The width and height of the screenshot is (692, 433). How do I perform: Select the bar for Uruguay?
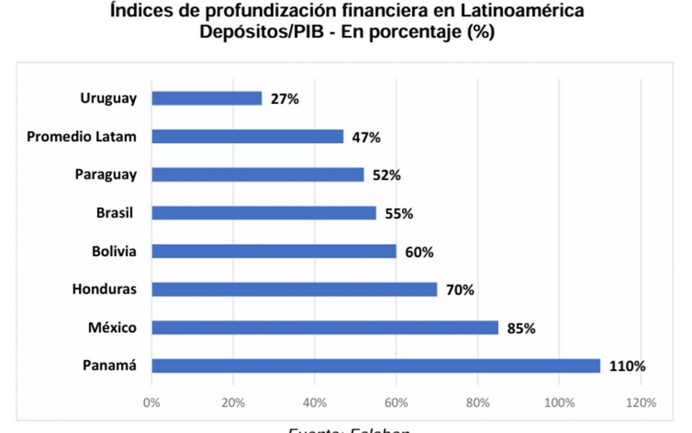206,98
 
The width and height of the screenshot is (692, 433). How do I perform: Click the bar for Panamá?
375,366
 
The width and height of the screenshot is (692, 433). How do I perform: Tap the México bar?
325,328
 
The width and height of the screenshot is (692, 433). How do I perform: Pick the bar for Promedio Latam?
247,137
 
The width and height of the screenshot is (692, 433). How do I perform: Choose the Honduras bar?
294,289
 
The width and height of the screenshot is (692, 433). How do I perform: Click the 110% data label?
627,367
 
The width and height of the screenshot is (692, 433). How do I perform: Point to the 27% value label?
284,99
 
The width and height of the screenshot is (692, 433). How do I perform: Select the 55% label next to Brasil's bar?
399,214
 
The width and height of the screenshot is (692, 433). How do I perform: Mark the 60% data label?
419,252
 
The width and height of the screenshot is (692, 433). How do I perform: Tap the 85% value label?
521,328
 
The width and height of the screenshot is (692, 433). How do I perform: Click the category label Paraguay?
105,174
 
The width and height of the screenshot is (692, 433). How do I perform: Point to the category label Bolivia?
113,251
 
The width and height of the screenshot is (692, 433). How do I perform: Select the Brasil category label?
115,213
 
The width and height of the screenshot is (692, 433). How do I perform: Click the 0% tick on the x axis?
152,403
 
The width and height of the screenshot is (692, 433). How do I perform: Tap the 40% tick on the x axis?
315,403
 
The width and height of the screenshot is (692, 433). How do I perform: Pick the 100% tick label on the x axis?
559,403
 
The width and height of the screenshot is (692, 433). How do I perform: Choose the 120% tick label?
641,403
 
